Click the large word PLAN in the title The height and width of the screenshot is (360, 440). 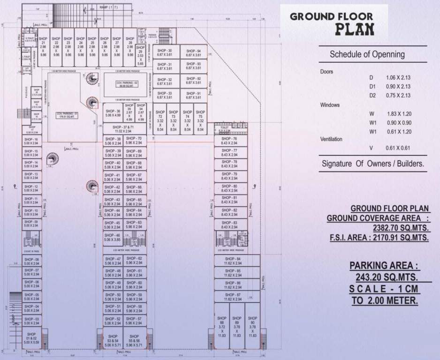354,29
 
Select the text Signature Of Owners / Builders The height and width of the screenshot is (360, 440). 372,164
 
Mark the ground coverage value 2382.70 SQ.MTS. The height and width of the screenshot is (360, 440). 401,228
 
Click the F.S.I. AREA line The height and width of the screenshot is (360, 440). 379,238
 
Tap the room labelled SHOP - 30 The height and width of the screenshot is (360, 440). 165,52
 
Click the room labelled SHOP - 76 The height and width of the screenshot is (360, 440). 229,141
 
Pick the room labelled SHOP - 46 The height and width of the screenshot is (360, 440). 112,237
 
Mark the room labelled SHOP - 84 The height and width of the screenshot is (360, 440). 233,261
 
